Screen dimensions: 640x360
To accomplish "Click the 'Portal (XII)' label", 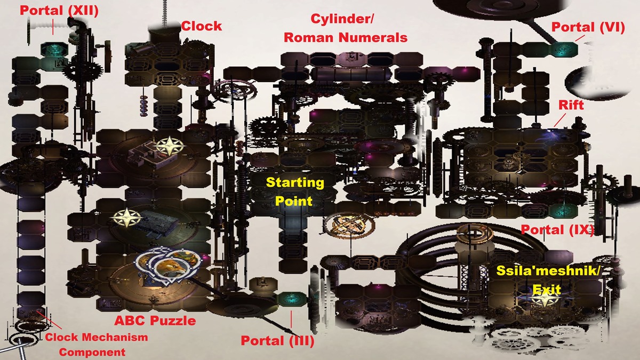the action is click(x=59, y=11).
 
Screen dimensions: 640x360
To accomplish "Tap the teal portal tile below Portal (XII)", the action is click(x=54, y=49).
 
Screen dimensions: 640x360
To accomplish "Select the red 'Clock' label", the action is click(x=202, y=26).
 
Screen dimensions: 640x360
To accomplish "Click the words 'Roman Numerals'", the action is click(x=346, y=37).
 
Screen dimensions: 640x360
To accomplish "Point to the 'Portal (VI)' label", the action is click(x=588, y=27).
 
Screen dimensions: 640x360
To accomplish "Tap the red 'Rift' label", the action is click(x=571, y=105).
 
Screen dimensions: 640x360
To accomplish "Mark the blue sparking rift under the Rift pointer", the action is click(x=553, y=135).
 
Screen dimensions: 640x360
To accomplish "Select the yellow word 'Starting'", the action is click(x=295, y=183).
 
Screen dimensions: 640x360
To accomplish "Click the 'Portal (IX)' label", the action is click(x=557, y=230).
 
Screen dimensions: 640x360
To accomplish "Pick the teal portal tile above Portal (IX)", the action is click(x=563, y=211).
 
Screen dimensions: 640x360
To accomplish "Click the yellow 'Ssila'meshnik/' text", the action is click(x=548, y=270).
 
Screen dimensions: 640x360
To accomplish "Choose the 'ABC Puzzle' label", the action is click(x=155, y=321).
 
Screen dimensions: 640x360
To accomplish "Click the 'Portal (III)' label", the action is click(x=277, y=341).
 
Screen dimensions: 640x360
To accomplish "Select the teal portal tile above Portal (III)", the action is click(x=292, y=299).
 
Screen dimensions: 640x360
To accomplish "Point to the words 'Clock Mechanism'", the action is click(x=97, y=337).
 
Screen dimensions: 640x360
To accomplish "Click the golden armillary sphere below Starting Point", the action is click(x=349, y=226).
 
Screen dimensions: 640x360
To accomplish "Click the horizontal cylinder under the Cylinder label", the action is click(x=351, y=74).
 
